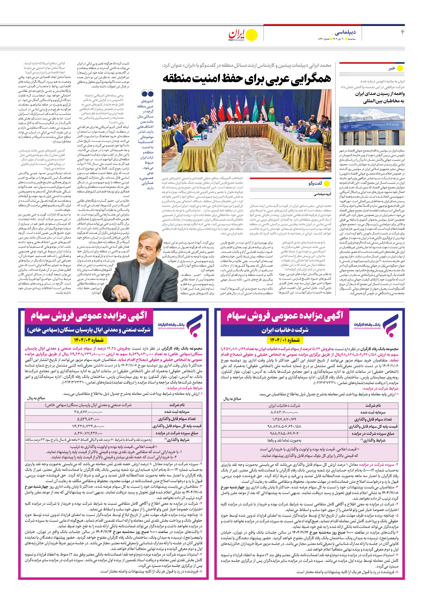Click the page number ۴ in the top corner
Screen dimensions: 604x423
click(402, 32)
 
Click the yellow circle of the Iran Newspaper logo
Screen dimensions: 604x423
click(252, 35)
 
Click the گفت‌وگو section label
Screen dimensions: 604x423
click(315, 183)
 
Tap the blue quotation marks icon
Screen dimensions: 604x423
click(147, 93)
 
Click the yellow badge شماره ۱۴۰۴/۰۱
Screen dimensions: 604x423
click(285, 340)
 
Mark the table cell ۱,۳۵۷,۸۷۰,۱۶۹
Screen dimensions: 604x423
click(284, 419)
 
